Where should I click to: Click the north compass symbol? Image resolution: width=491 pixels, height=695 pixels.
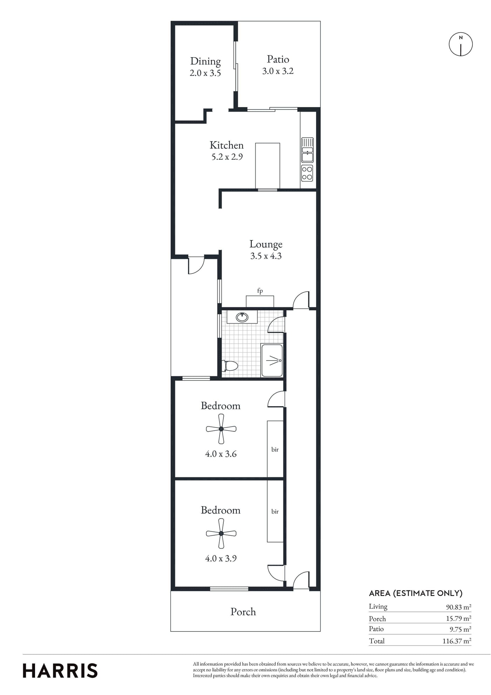460,44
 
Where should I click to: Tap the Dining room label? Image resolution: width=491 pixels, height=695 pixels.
206,61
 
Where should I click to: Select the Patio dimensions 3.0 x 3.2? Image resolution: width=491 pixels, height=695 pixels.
278,71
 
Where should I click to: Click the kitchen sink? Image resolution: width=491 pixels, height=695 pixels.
307,150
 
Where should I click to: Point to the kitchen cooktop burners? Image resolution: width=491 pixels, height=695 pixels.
307,173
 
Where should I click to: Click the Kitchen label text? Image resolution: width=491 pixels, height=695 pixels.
227,145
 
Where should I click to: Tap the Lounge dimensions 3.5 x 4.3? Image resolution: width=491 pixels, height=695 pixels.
266,256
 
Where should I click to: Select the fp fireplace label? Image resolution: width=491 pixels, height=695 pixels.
260,291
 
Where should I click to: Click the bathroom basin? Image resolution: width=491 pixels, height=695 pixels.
242,317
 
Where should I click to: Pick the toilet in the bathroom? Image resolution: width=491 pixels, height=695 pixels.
230,366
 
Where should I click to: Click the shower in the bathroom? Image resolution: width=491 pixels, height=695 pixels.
272,360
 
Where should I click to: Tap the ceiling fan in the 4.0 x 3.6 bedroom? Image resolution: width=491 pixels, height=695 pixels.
221,429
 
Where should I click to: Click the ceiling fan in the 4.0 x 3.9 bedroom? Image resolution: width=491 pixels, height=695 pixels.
221,533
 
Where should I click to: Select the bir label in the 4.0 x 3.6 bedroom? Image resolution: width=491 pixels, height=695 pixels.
275,449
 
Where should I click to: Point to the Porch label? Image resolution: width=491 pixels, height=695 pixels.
243,612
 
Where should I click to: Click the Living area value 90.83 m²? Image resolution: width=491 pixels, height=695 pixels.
458,607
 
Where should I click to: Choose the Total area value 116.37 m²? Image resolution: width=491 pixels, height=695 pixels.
457,641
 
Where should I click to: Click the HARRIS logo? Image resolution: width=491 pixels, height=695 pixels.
60,671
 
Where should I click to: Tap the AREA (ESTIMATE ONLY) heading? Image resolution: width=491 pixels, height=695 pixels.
416,593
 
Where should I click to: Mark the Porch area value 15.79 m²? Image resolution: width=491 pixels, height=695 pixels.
458,618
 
